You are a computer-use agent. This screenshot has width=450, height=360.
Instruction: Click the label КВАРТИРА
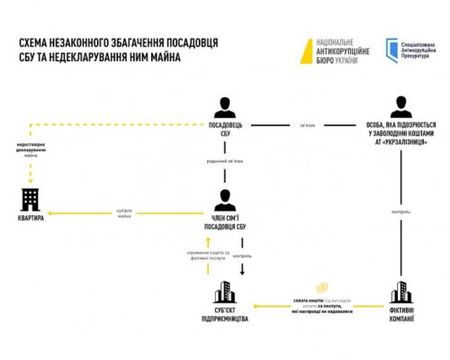click(x=30, y=218)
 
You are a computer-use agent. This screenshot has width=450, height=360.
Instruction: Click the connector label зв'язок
click(x=307, y=125)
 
